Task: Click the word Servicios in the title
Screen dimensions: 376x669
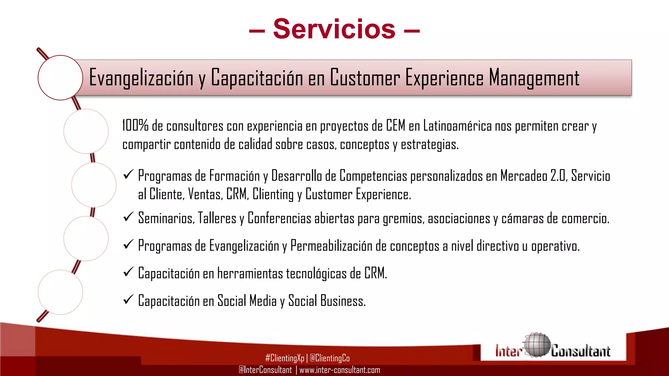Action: point(334,29)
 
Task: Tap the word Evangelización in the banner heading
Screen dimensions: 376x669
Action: point(141,78)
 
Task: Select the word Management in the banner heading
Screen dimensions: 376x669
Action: point(534,78)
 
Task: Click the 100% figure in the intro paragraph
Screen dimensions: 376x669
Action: point(135,126)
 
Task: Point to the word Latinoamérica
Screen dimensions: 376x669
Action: point(457,126)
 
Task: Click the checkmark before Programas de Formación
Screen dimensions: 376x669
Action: point(128,175)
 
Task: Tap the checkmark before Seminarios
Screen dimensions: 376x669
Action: point(128,217)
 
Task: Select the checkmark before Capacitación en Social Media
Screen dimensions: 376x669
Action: point(128,299)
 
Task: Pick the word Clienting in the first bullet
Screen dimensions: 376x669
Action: point(273,195)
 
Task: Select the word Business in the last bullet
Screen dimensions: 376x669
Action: point(343,301)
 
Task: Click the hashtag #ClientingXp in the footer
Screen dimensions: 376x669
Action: point(285,358)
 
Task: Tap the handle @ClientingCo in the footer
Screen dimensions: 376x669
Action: point(330,358)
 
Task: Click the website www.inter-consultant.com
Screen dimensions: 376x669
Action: point(340,370)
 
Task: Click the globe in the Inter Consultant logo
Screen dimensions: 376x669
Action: point(536,345)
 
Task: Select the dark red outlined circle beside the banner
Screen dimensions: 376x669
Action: point(60,78)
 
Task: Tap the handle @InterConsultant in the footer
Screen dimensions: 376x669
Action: point(265,370)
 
